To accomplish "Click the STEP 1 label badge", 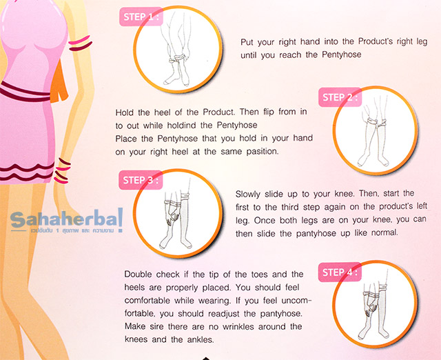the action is [141, 17].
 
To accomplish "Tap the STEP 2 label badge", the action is [340, 97].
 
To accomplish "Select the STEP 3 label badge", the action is [141, 180].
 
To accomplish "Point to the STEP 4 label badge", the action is [340, 272].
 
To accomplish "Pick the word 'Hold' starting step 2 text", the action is [124, 112].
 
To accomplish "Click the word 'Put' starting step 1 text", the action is [247, 42].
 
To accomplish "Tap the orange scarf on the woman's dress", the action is [60, 81].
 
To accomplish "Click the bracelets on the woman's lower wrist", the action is [62, 170].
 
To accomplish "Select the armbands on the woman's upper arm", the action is [80, 43].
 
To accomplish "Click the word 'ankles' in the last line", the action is [201, 340].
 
